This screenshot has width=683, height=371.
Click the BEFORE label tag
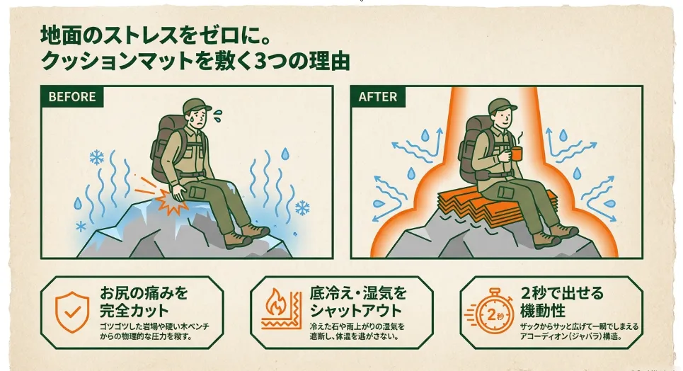coord(72,96)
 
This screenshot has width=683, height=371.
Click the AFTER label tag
coord(378,96)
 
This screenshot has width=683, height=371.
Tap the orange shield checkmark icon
coord(72,312)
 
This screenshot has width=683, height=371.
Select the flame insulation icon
coord(282,310)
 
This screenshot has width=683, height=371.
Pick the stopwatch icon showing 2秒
coord(489,312)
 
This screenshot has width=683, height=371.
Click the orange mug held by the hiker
coord(516,154)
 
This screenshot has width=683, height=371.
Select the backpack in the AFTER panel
coord(475,148)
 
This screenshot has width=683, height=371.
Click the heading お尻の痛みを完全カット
coord(144,301)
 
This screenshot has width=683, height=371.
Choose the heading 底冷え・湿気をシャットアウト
coord(358,301)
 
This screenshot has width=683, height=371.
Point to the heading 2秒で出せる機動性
coord(562,301)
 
